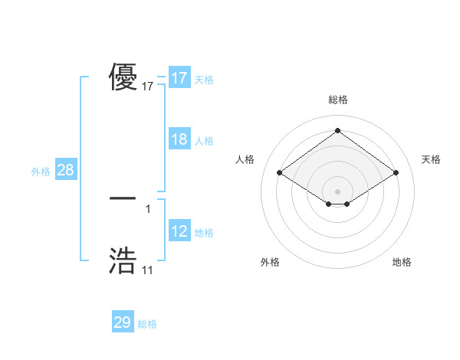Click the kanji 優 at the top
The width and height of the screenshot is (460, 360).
pos(123,78)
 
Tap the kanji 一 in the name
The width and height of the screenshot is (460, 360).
pos(123,198)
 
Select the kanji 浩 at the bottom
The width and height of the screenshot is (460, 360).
pos(123,260)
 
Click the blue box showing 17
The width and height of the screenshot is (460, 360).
pos(179,78)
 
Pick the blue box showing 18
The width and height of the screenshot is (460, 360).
pos(179,139)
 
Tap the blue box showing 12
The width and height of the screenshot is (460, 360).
pos(179,231)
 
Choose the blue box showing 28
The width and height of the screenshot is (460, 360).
pos(65,170)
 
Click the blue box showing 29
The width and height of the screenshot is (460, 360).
pos(123,322)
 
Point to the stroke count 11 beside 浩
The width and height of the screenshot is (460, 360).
pos(147,270)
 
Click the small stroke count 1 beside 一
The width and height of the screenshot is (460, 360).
pos(148,208)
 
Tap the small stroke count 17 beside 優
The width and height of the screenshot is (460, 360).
pos(148,87)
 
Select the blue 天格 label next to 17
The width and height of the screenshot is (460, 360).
pos(204,80)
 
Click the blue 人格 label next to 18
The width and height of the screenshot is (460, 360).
pos(204,141)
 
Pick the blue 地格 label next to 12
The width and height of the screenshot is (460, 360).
pos(204,233)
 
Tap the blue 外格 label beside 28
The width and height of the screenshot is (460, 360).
pos(41,172)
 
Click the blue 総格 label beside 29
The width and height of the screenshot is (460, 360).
pos(147,324)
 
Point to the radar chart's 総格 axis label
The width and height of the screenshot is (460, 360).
pos(338,100)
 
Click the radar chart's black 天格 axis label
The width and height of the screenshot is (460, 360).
pos(431,159)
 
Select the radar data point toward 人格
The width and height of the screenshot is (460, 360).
pos(280,173)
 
